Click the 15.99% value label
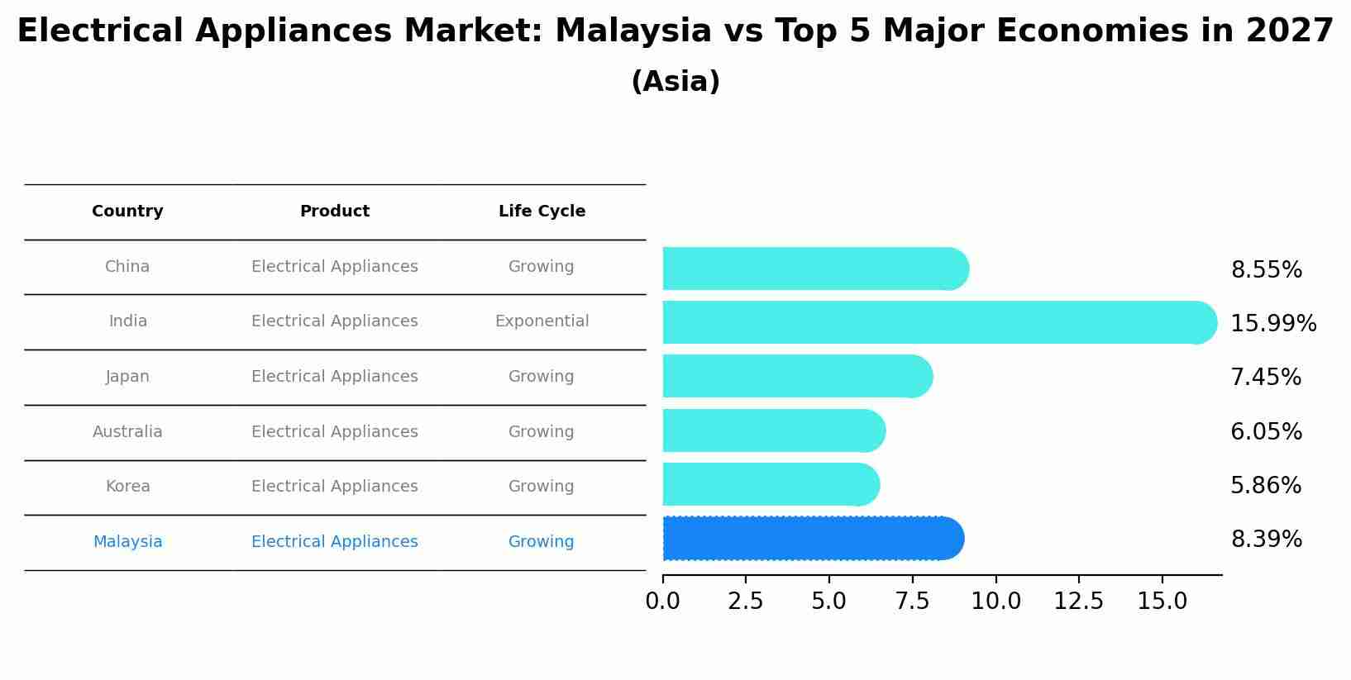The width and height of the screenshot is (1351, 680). (1272, 324)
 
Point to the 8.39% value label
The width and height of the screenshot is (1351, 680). (1266, 540)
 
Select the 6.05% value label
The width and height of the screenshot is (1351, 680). (1266, 432)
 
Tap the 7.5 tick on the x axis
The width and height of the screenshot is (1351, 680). (912, 602)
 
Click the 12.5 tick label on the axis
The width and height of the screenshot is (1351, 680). (1078, 602)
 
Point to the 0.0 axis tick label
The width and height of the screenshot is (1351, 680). (662, 602)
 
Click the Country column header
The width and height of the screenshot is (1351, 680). (127, 212)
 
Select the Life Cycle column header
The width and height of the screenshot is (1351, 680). (542, 212)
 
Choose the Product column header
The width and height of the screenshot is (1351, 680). (334, 212)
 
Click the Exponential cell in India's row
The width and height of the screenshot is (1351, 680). (542, 321)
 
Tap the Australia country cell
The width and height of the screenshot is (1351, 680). (127, 432)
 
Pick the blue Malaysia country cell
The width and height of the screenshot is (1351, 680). (127, 542)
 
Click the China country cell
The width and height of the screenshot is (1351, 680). (127, 267)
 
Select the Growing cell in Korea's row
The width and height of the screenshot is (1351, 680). (541, 487)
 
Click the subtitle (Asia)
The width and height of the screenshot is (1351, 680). (675, 82)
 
